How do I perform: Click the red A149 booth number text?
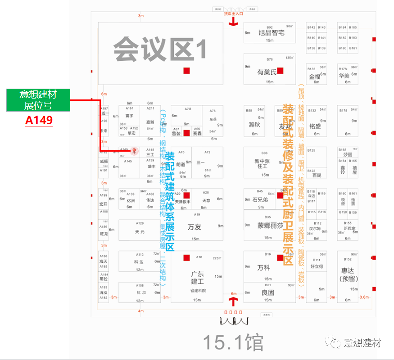(x=39, y=120)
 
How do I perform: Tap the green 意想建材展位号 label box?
(x=38, y=100)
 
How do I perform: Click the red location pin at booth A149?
(x=134, y=151)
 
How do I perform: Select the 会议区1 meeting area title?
(x=160, y=49)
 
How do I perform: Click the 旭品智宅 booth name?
(x=271, y=33)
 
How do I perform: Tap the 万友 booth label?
(x=195, y=227)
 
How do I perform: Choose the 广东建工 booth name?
(x=197, y=278)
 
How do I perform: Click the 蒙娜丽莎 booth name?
(x=270, y=226)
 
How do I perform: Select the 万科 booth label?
(x=263, y=268)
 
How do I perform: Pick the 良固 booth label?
(x=268, y=292)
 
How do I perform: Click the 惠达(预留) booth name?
(x=348, y=274)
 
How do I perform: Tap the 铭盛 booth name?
(x=315, y=126)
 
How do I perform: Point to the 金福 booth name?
(x=315, y=76)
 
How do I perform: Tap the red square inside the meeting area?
(x=186, y=70)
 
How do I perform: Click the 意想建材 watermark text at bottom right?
(x=362, y=343)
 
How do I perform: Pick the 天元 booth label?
(x=140, y=232)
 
